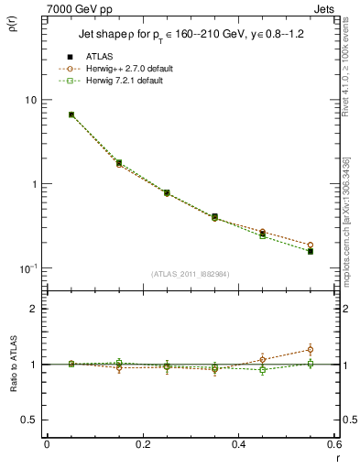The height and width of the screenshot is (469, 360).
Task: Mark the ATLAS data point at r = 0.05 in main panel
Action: [x=71, y=115]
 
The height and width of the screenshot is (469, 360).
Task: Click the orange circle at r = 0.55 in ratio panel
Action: [x=311, y=349]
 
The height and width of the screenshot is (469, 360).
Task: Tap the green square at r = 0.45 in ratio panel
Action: [x=263, y=370]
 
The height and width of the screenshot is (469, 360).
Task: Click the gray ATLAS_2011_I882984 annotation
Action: [x=191, y=274]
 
